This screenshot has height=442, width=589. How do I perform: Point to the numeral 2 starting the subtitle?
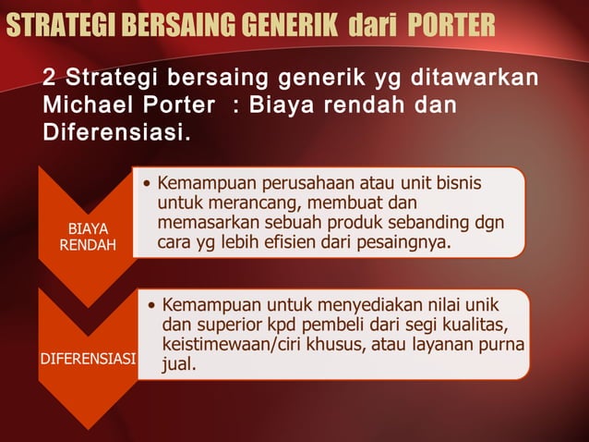tap(50, 77)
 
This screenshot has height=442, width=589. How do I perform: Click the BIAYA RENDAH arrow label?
tap(89, 237)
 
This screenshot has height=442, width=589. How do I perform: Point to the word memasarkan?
tap(209, 223)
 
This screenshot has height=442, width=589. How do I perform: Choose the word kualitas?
tap(474, 325)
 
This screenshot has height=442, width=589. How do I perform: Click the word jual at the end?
tap(178, 365)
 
